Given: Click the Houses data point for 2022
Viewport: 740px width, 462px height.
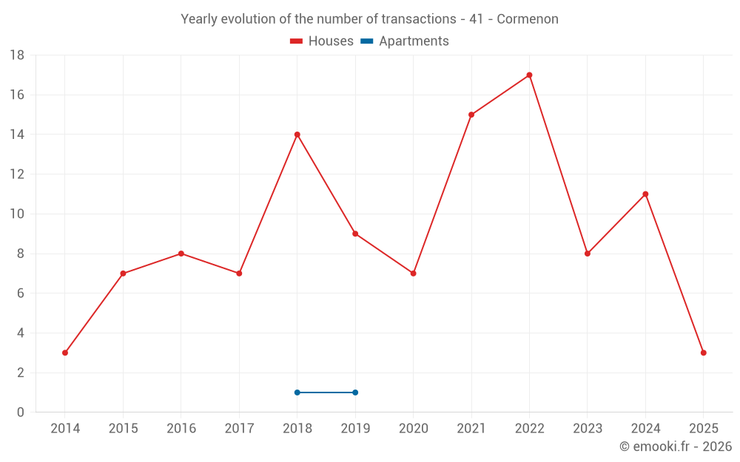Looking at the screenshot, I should click(x=529, y=75).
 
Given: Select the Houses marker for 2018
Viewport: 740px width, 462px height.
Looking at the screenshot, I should click(x=297, y=135).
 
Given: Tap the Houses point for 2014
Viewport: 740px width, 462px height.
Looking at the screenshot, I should click(x=65, y=353).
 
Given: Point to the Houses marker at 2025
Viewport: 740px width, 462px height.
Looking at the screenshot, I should click(x=703, y=353).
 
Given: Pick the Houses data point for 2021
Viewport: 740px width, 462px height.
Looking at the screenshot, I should click(x=471, y=115).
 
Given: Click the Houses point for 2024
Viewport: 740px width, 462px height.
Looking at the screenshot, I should click(x=645, y=194).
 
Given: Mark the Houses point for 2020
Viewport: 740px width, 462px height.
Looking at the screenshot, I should click(x=413, y=274).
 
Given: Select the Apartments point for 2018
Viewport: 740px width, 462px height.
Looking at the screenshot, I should click(x=297, y=393).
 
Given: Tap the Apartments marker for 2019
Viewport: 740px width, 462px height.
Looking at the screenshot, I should click(x=355, y=393).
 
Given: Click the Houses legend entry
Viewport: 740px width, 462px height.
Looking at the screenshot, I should click(x=322, y=41).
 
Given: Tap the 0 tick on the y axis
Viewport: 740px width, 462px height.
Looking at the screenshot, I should click(x=20, y=412).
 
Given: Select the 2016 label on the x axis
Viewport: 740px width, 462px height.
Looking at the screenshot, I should click(x=181, y=429).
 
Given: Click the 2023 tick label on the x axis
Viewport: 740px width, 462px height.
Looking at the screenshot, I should click(x=588, y=429).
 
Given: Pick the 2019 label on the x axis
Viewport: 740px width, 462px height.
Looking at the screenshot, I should click(x=355, y=429).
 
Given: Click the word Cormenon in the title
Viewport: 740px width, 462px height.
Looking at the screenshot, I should click(x=528, y=19).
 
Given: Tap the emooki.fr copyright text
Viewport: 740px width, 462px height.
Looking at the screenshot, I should click(x=676, y=446).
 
